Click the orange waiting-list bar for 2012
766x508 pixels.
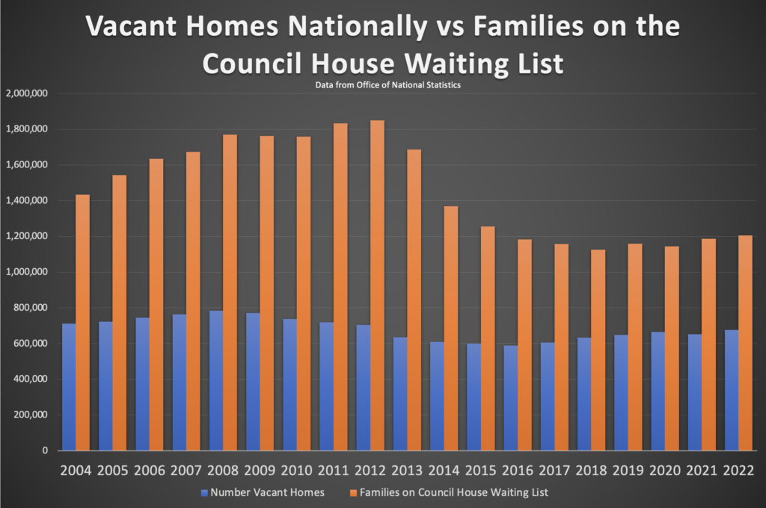click(377, 285)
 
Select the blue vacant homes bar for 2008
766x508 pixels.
click(216, 381)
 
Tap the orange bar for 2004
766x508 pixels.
click(82, 323)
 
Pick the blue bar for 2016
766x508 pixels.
click(510, 398)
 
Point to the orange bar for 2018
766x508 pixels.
click(598, 350)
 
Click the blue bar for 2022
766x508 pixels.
click(732, 391)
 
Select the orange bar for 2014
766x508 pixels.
click(451, 329)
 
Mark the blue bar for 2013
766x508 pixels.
click(400, 394)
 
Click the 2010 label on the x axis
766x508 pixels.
click(296, 471)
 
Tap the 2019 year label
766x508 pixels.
click(628, 471)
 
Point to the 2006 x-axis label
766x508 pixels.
click(150, 471)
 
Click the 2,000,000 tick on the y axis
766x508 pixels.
click(27, 93)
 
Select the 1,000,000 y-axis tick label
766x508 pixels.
click(27, 272)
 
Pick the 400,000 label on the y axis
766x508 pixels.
click(30, 380)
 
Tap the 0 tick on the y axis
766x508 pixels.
click(45, 450)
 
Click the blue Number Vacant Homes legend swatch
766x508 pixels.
click(205, 493)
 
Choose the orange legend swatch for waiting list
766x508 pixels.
click(354, 493)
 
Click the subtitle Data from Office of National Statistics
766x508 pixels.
click(388, 85)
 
